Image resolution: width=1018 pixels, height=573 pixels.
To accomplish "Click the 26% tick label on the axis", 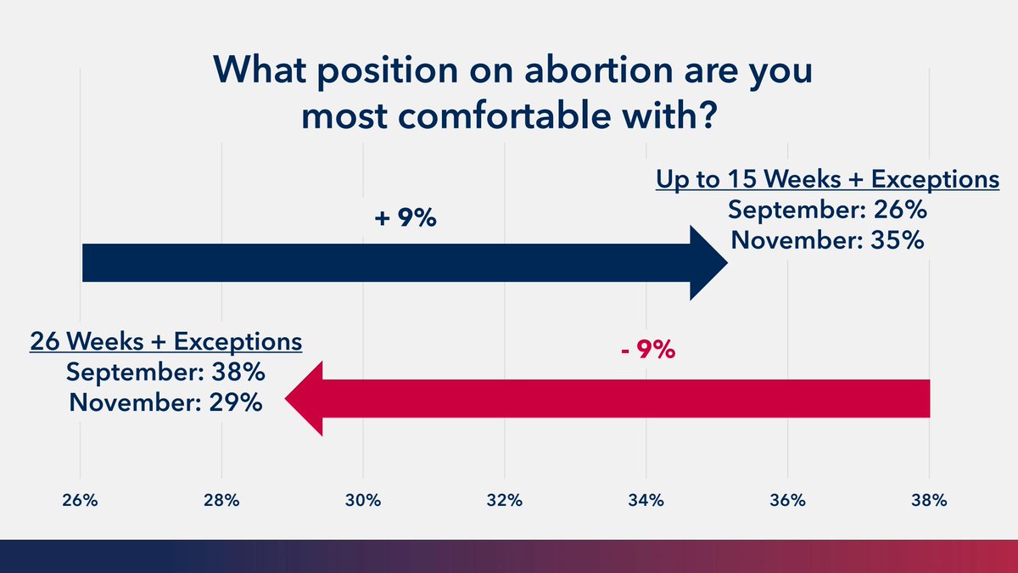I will (x=80, y=501).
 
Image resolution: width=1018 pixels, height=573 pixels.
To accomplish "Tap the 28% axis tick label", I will (x=221, y=501).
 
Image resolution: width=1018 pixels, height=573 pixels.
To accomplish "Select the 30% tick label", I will (x=363, y=501).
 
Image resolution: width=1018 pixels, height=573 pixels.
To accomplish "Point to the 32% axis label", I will (x=505, y=501).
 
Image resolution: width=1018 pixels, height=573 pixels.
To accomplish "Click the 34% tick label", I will (x=646, y=501).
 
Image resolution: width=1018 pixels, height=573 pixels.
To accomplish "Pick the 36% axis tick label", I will (x=787, y=501).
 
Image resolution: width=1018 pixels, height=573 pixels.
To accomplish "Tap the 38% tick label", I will (x=929, y=501).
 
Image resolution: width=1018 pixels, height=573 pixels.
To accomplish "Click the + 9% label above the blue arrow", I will (x=405, y=219).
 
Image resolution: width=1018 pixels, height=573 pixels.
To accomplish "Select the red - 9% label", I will (x=646, y=349).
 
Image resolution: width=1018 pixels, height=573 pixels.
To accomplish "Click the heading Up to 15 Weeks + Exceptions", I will (x=827, y=180).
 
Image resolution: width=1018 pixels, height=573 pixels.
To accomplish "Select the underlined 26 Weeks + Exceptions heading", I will (x=166, y=342).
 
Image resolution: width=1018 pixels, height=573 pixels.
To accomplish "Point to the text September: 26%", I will (x=827, y=211).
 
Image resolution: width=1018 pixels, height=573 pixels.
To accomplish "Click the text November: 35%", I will (x=827, y=240).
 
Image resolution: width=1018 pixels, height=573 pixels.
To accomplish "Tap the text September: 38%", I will (x=166, y=372).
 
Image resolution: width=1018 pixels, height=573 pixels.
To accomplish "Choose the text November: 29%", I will (x=166, y=402).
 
